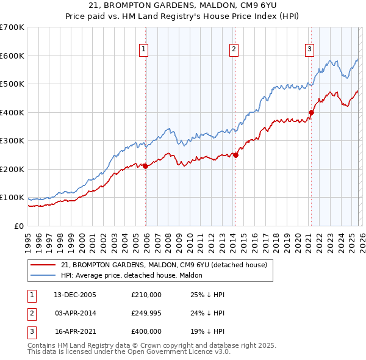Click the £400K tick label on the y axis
coord(12,112)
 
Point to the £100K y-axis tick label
coord(12,198)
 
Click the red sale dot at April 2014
coord(235,155)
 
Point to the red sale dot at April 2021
coord(311,112)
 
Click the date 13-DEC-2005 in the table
coord(75,295)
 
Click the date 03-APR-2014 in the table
coord(75,313)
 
